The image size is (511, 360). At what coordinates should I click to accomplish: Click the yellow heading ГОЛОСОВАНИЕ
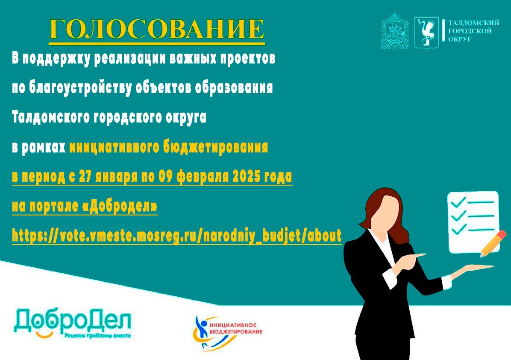pyautogui.click(x=157, y=30)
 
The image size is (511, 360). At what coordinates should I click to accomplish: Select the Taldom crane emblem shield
pyautogui.click(x=426, y=33)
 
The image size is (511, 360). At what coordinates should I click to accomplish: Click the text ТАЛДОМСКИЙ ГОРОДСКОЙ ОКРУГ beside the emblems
pyautogui.click(x=473, y=31)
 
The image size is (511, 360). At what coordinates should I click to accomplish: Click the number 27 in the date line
pyautogui.click(x=86, y=177)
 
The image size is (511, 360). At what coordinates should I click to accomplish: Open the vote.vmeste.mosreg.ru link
pyautogui.click(x=176, y=235)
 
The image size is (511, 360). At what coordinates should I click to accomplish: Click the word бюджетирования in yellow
pyautogui.click(x=215, y=148)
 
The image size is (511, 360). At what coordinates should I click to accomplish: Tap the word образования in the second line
pyautogui.click(x=234, y=88)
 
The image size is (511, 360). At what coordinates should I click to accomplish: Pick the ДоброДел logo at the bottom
pyautogui.click(x=72, y=323)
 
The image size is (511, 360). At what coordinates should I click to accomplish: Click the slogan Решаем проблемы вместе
pyautogui.click(x=98, y=336)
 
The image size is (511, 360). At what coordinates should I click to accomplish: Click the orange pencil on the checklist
pyautogui.click(x=493, y=243)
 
